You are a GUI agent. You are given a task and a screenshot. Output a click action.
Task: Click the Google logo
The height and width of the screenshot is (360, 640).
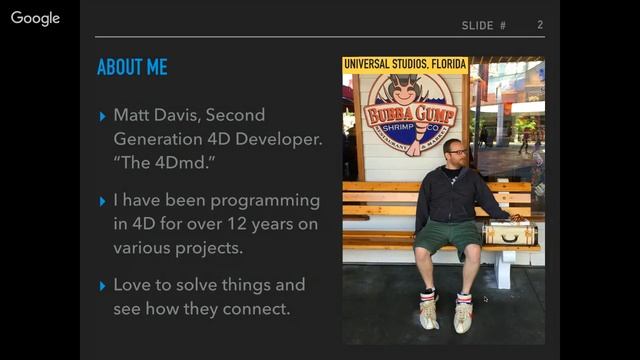35,19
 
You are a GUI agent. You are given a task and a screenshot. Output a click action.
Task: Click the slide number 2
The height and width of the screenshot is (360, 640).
540,25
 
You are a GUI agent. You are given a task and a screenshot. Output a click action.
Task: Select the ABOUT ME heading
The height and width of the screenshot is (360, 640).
132,68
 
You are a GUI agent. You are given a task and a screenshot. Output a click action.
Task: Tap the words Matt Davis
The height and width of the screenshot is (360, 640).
153,115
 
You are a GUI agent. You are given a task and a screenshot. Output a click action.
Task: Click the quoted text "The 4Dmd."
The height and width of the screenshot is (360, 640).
153,161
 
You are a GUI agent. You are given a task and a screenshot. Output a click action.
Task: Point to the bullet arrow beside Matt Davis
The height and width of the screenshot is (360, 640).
103,116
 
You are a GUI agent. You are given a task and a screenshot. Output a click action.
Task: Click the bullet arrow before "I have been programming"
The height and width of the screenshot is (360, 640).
103,201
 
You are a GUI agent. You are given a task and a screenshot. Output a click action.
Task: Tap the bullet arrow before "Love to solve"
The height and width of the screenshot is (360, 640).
103,286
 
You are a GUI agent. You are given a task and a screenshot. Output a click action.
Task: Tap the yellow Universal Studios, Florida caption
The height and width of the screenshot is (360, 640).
405,65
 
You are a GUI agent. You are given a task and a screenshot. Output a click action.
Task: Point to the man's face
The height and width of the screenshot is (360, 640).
454,155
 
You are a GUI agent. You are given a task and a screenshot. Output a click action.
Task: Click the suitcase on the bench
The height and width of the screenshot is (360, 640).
510,232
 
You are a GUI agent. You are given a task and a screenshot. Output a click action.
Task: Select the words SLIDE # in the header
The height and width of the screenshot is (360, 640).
484,25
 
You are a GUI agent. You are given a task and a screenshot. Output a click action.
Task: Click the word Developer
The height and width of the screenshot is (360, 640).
282,139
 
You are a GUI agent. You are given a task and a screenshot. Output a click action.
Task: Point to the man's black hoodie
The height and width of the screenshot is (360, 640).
450,195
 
